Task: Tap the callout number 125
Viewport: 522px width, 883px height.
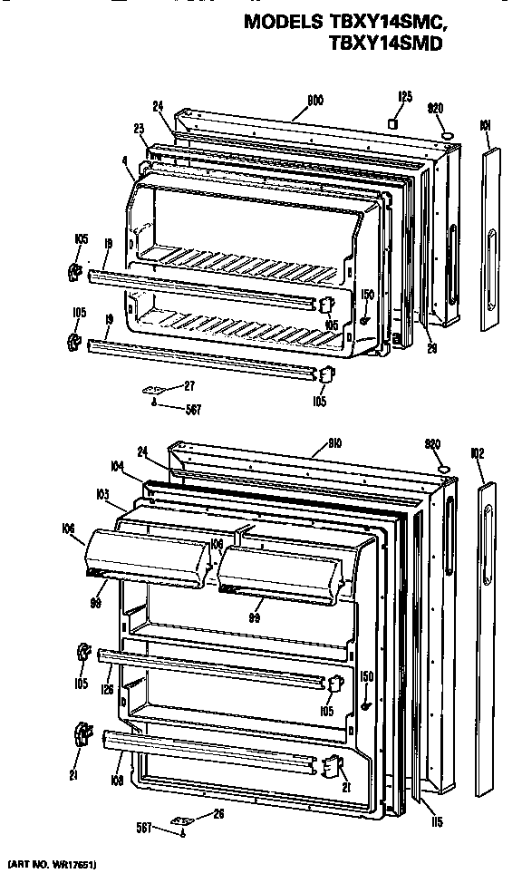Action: pyautogui.click(x=405, y=95)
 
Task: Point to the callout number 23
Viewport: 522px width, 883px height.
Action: pyautogui.click(x=139, y=129)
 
